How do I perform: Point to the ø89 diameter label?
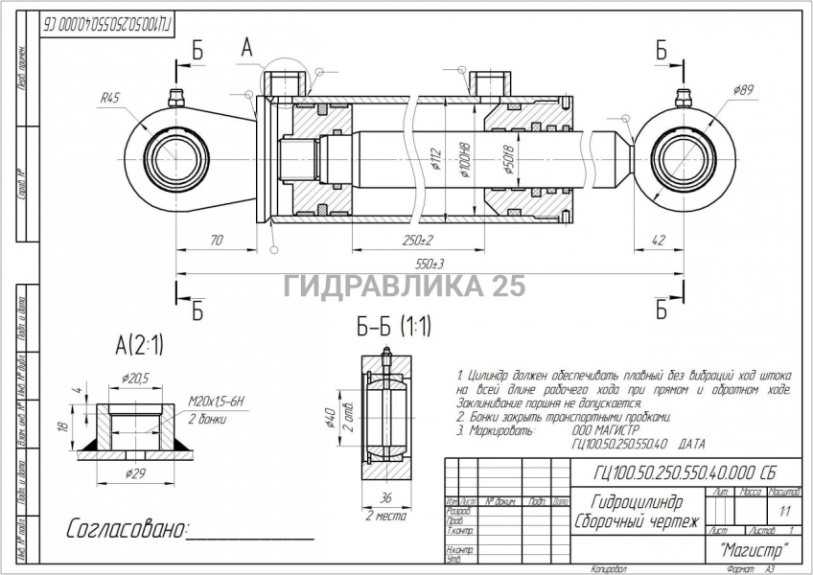click(743, 89)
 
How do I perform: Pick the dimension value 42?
click(657, 240)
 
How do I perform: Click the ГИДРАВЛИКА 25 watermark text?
click(405, 286)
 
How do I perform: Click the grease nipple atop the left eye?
click(175, 98)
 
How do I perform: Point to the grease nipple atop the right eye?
click(683, 98)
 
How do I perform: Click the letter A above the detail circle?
click(246, 47)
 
